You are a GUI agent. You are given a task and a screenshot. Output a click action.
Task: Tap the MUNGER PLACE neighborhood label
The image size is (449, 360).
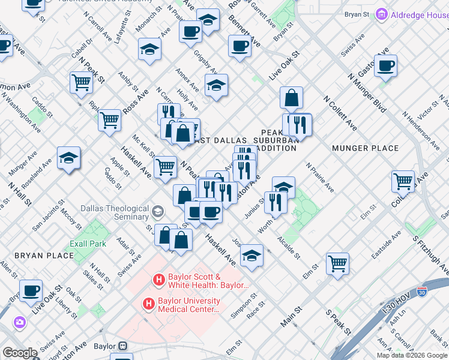[365, 148]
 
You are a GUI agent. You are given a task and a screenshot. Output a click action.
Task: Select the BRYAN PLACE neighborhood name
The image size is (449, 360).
[44, 256]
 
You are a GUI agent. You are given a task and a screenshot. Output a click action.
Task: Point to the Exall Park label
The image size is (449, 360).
[88, 244]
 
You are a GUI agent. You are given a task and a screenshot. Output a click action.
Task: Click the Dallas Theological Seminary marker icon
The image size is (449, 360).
[157, 211]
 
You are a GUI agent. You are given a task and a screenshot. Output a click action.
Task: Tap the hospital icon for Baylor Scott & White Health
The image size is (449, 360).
[158, 279]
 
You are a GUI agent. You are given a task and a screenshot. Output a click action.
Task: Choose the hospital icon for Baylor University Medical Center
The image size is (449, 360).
[148, 304]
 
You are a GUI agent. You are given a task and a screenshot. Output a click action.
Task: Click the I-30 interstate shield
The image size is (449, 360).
[422, 292]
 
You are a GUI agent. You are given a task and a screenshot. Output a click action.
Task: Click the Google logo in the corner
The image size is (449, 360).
[20, 353]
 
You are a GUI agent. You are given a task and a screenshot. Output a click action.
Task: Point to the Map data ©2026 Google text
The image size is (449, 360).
[412, 355]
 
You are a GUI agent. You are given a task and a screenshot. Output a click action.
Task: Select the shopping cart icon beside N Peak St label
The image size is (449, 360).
[80, 83]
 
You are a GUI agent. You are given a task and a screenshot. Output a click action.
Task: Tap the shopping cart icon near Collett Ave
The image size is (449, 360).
[403, 181]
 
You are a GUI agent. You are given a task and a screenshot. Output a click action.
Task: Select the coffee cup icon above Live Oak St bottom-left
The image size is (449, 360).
[31, 291]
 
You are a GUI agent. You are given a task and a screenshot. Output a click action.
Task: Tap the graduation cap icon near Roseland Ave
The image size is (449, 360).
[68, 158]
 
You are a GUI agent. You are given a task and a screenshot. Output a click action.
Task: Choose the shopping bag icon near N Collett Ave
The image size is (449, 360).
[291, 98]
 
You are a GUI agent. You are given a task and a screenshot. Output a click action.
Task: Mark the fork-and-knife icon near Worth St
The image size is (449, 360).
[275, 202]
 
